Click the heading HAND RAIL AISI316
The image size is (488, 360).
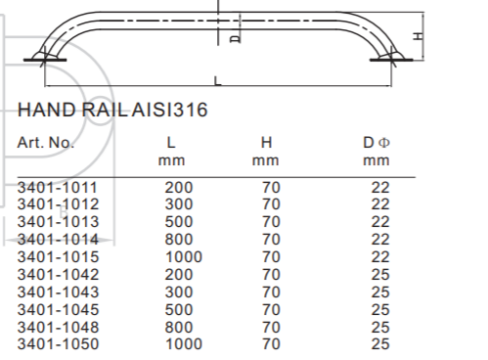[112, 110]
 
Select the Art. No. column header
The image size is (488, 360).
[46, 143]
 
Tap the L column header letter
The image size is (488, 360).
[171, 143]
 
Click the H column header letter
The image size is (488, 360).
[266, 143]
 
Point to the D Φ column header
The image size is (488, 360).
[377, 143]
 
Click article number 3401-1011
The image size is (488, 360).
[58, 188]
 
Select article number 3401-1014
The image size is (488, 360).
[58, 240]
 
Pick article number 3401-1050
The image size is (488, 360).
[58, 344]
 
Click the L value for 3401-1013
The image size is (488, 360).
[179, 222]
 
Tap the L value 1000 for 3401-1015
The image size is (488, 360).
[184, 257]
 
